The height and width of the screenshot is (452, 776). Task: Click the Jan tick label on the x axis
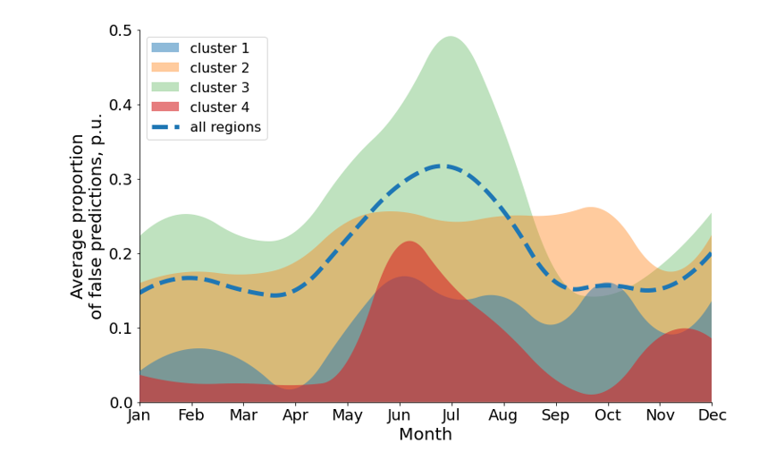139,416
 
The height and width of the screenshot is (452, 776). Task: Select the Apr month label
295,416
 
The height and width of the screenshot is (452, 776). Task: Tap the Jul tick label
451,416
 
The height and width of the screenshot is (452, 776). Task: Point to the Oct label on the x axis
608,416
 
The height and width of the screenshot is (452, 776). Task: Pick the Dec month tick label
712,416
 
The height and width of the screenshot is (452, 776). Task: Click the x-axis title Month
425,435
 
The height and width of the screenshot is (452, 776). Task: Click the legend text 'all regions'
225,127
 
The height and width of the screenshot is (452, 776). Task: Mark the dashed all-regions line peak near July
442,166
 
